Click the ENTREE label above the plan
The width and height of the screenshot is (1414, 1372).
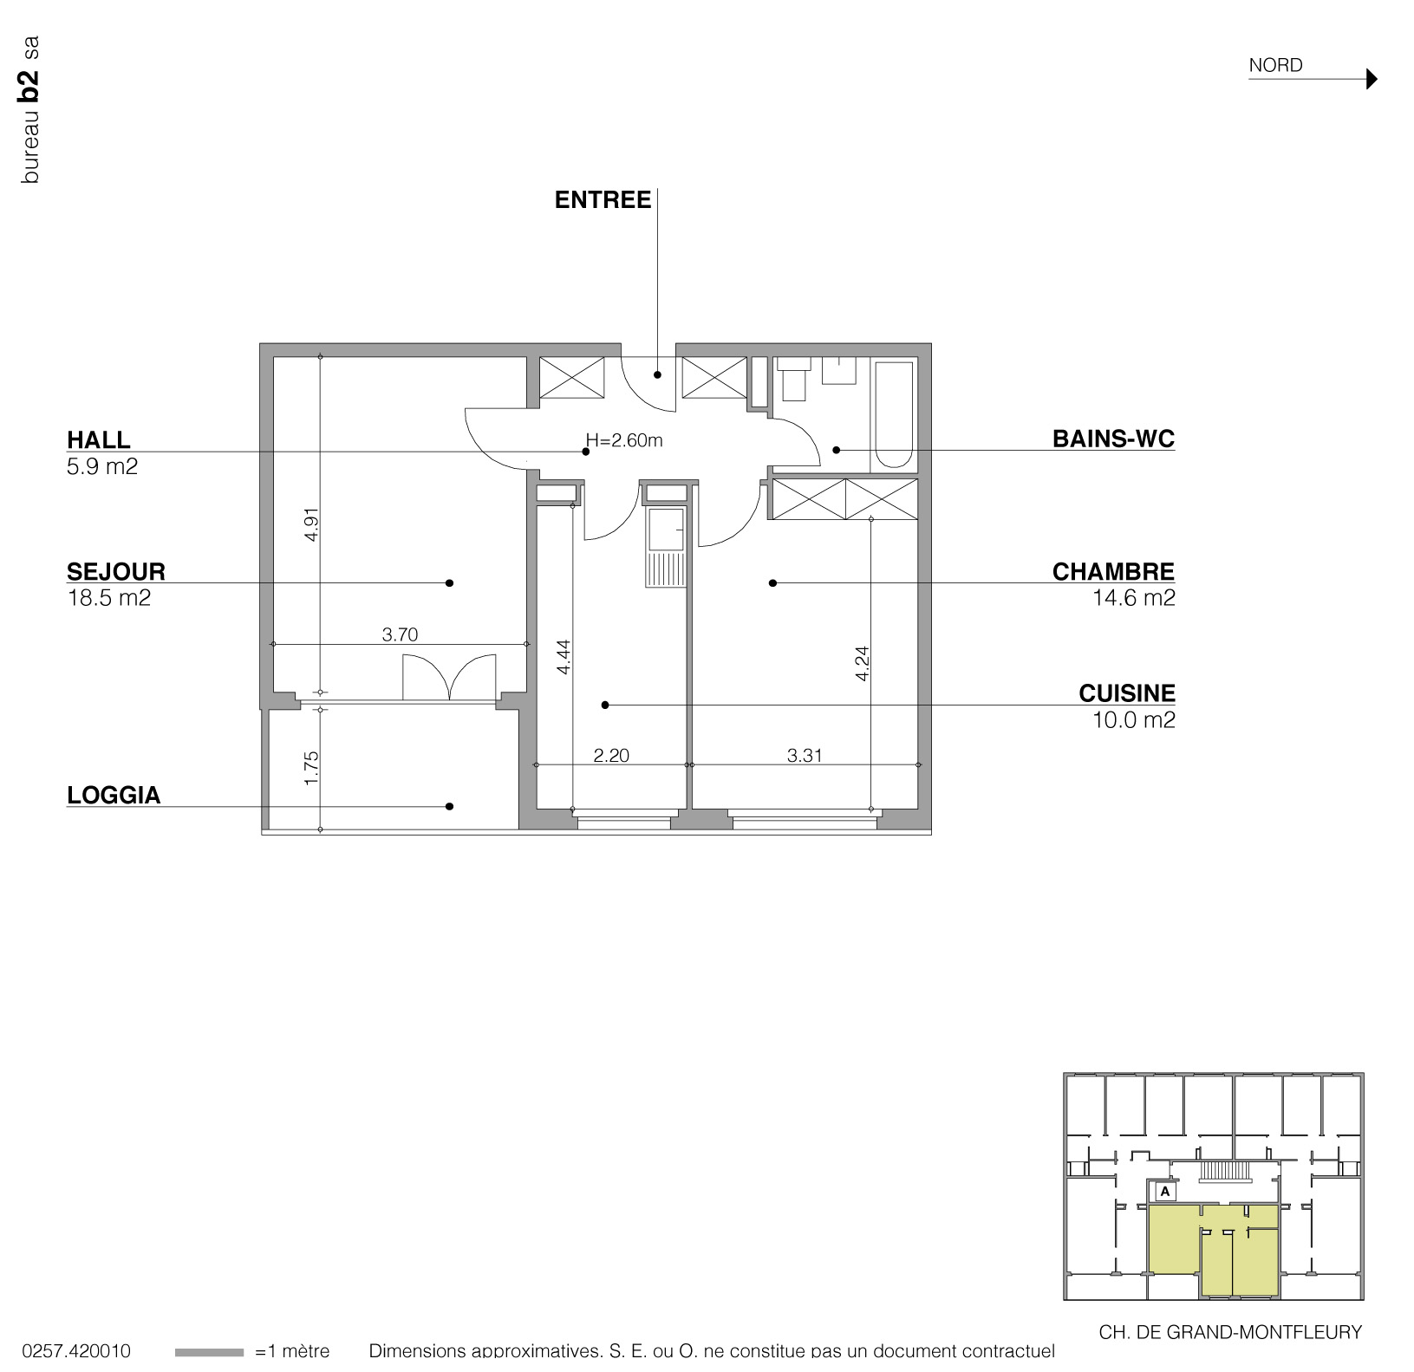(603, 200)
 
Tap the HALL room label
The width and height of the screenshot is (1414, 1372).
(98, 439)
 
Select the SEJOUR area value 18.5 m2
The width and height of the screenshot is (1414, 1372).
(108, 598)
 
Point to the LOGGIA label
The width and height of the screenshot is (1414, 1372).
(114, 796)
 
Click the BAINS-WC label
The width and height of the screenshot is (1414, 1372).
(1113, 439)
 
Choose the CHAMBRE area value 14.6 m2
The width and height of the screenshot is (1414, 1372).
(1133, 598)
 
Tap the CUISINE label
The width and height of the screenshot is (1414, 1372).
(1127, 693)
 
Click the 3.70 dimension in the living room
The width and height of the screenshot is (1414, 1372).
(400, 634)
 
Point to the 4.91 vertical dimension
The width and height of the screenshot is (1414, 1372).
(312, 523)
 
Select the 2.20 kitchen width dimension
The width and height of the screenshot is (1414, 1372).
(611, 756)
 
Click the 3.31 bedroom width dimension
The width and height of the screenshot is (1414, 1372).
(805, 756)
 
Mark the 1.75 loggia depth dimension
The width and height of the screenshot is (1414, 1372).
(312, 768)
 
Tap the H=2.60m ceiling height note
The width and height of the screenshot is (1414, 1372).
(624, 440)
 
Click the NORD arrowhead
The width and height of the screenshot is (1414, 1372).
(1371, 79)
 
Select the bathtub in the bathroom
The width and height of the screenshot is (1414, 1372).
(893, 414)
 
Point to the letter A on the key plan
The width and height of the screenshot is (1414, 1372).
(1165, 1191)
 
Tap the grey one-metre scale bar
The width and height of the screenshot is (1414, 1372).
(209, 1352)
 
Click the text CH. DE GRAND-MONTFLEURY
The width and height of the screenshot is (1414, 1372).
(1229, 1332)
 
